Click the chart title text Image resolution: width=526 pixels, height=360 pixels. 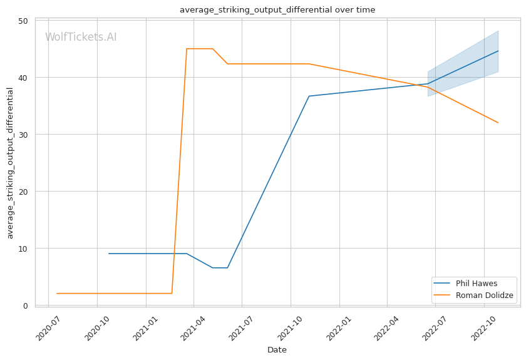point(277,9)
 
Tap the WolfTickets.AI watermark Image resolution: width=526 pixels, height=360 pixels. point(81,38)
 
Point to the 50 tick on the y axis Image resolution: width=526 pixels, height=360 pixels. point(23,21)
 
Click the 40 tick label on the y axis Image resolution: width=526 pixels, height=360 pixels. point(23,78)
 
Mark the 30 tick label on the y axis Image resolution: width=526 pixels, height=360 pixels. point(23,135)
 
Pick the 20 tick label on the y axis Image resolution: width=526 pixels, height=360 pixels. point(23,192)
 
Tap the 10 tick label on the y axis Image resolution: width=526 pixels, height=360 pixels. point(23,249)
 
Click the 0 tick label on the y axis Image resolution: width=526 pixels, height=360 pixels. point(25,306)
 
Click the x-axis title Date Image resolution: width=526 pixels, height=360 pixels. point(277,350)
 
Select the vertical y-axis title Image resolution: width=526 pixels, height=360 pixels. point(10,163)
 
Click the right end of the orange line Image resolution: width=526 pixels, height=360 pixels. point(498,123)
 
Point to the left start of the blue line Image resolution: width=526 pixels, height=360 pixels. point(109,254)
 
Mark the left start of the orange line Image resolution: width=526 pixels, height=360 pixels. point(57,294)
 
